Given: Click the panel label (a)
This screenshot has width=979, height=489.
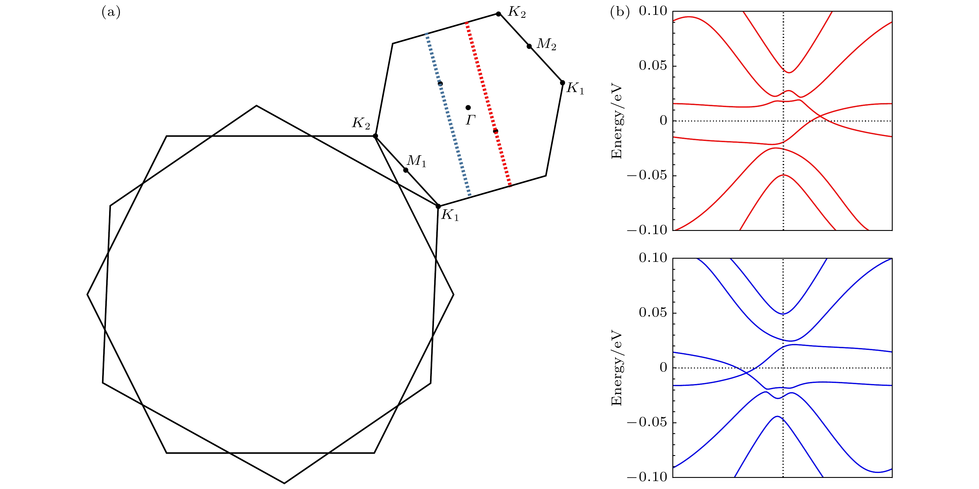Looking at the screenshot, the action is (111, 13).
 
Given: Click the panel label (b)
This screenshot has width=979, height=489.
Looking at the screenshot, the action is (619, 13).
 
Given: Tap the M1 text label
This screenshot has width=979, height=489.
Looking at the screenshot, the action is (417, 161).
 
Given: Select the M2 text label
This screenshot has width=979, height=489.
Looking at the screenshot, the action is (547, 44).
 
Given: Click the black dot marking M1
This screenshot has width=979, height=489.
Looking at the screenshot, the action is (406, 170).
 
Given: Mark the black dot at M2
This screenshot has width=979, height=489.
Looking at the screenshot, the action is (529, 46).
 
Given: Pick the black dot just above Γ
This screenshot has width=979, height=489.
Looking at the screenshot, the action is (468, 108).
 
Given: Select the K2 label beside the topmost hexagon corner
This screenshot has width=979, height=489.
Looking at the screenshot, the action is (517, 12).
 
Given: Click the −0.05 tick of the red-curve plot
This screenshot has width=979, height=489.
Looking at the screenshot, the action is (647, 175).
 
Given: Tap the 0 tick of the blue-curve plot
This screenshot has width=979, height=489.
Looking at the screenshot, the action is (663, 367).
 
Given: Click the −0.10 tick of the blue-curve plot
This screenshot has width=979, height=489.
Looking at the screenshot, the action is (647, 477).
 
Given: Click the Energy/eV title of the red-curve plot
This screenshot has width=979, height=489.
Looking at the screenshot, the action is (617, 121).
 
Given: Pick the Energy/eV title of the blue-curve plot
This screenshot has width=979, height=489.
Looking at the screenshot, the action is (617, 368).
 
